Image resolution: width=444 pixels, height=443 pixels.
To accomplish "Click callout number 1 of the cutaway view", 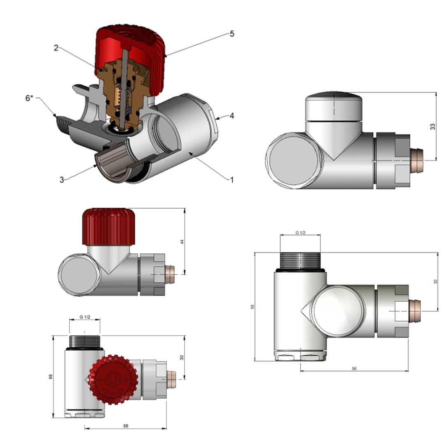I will click(231, 179).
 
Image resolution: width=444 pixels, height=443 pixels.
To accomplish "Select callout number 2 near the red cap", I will click(56, 48).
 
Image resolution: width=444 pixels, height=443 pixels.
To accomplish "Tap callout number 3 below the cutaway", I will click(62, 179).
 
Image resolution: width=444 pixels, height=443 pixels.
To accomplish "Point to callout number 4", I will click(232, 116).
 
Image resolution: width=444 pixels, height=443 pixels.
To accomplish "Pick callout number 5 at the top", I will click(232, 34).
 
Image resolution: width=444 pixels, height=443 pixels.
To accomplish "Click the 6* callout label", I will click(29, 98).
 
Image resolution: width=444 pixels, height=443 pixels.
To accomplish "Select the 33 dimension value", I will click(432, 127).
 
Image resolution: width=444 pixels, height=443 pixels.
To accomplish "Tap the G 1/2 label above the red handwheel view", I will click(85, 317).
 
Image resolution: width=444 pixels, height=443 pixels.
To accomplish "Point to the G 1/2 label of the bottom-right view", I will click(300, 233).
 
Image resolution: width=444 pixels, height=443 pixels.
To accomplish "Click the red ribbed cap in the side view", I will click(109, 227).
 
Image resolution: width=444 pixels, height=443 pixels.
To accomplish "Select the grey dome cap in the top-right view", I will click(334, 107).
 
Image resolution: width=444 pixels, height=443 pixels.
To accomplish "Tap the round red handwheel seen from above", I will click(111, 379).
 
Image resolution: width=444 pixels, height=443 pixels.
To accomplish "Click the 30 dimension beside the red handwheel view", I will click(182, 357).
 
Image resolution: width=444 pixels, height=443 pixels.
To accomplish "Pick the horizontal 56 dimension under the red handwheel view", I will click(126, 426).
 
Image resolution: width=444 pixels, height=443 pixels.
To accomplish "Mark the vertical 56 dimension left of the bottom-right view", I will click(253, 306).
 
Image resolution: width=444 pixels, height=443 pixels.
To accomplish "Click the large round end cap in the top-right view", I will click(293, 161).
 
